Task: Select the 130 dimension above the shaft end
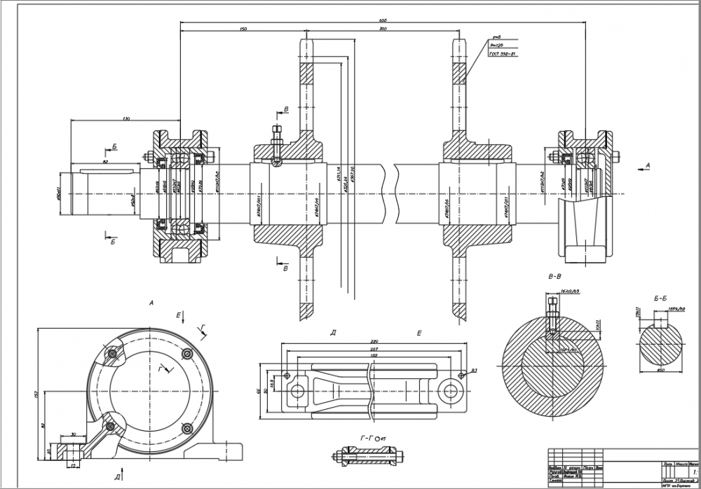point(126,118)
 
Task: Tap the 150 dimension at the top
point(243,29)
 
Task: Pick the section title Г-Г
point(365,439)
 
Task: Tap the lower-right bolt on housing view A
point(186,428)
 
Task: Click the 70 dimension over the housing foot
point(74,435)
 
